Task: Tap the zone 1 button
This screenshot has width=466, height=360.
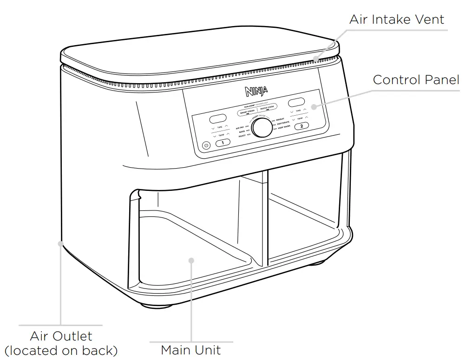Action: point(223,143)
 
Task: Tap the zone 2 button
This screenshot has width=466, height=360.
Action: point(302,125)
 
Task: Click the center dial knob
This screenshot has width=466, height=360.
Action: point(263,127)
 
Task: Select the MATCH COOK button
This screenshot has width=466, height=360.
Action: point(268,107)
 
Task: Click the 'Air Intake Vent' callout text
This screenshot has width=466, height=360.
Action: point(396,20)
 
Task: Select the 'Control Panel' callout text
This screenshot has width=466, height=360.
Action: point(416,79)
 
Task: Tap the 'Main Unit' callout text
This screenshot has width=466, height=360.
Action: point(190,350)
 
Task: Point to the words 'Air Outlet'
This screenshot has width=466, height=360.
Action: point(61,336)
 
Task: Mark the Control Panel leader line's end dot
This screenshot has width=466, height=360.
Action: point(314,106)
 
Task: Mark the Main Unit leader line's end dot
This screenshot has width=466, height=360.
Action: point(191,259)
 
